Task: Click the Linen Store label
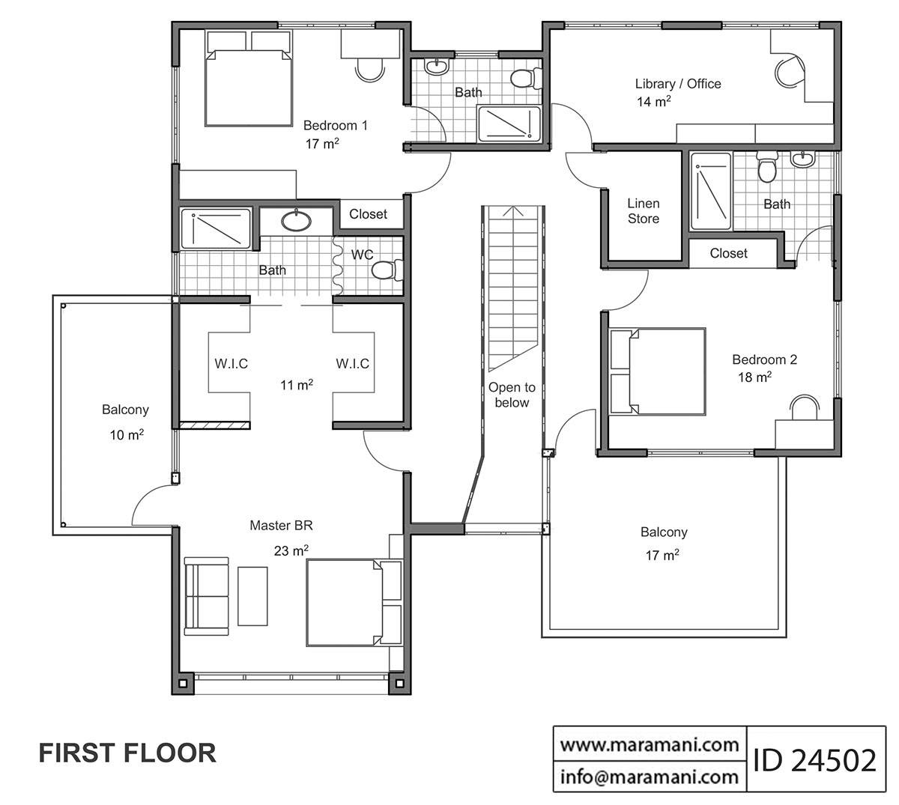(643, 211)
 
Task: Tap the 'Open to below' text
(512, 395)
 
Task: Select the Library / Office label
(677, 84)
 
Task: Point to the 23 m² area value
(291, 551)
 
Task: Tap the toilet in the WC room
(388, 270)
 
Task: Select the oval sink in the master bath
(298, 220)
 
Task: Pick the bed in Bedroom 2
(659, 371)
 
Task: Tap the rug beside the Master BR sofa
(252, 596)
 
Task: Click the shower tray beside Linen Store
(710, 192)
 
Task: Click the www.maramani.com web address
(650, 744)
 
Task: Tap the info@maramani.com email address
(650, 777)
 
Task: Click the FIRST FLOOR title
(127, 753)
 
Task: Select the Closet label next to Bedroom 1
(368, 214)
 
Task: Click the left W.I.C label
(231, 364)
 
